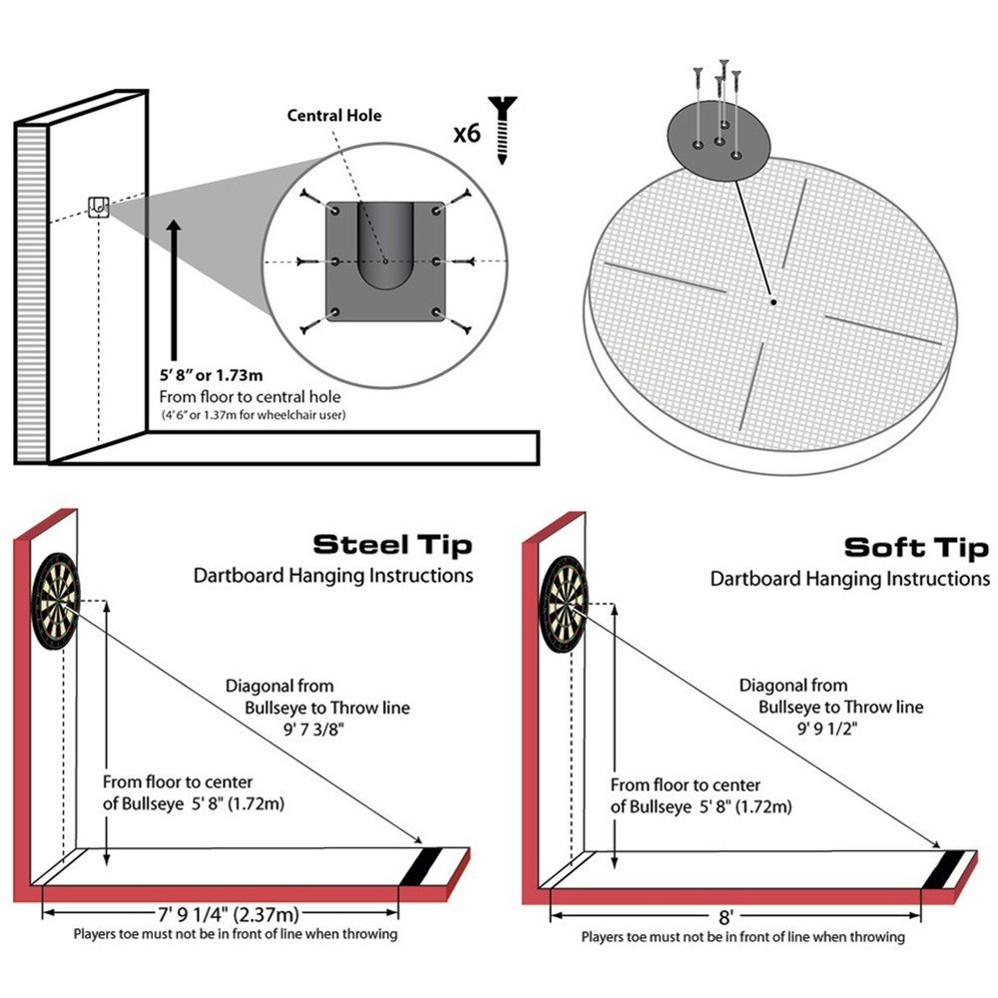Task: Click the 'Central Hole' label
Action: (334, 116)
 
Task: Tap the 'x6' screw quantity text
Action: (467, 133)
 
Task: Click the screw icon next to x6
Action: (504, 131)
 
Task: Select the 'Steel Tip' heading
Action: (392, 545)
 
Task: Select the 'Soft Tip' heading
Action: (916, 547)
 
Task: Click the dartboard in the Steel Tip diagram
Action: (55, 601)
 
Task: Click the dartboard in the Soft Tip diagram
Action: (564, 603)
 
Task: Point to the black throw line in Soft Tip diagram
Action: (941, 870)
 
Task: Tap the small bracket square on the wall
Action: (98, 207)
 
